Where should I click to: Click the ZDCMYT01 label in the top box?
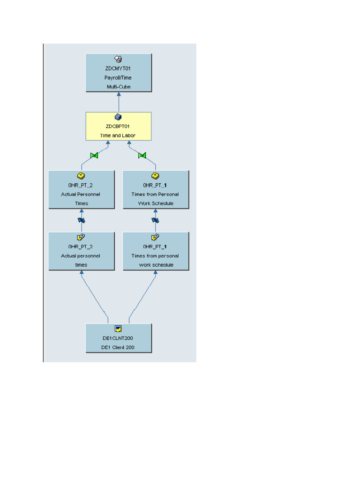(118, 68)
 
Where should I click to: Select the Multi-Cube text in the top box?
(118, 87)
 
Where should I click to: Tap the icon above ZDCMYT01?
(118, 59)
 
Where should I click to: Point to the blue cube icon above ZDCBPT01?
(118, 117)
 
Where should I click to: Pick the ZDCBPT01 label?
(118, 127)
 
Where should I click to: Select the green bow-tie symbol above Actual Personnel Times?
(94, 155)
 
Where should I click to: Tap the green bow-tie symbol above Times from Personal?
(142, 155)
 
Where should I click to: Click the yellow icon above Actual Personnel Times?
(81, 176)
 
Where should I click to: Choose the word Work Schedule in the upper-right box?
(156, 203)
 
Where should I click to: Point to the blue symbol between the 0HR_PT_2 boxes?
(82, 220)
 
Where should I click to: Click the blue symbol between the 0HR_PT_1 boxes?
(156, 220)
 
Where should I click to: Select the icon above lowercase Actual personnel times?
(81, 237)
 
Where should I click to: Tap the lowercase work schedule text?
(156, 265)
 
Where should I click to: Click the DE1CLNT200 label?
(118, 338)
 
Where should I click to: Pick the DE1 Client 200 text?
(118, 347)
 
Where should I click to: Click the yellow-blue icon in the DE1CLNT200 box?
(118, 329)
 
